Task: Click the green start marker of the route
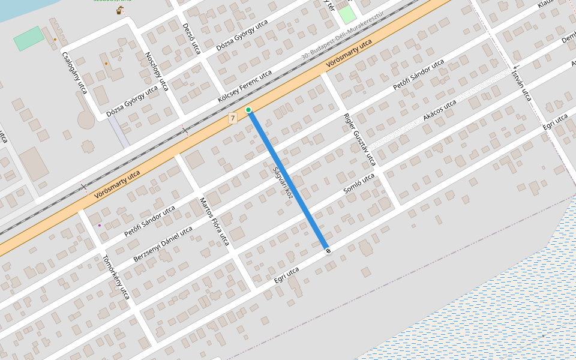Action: click(x=248, y=110)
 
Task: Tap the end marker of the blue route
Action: click(x=328, y=250)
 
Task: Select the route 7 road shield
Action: click(x=233, y=119)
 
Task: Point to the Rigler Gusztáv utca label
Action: click(x=359, y=140)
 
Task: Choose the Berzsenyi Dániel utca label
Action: click(x=163, y=244)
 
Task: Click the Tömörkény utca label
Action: click(x=116, y=277)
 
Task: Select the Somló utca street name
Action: click(x=359, y=183)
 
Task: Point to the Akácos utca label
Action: click(x=440, y=110)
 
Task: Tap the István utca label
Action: click(x=521, y=85)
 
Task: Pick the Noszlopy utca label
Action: click(x=157, y=71)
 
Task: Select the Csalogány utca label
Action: click(x=74, y=72)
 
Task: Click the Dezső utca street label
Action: click(x=191, y=39)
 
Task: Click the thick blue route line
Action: click(x=288, y=180)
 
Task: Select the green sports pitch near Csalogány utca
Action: click(x=29, y=38)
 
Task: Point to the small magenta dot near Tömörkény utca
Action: click(x=100, y=226)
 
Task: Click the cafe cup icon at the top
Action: click(x=120, y=10)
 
